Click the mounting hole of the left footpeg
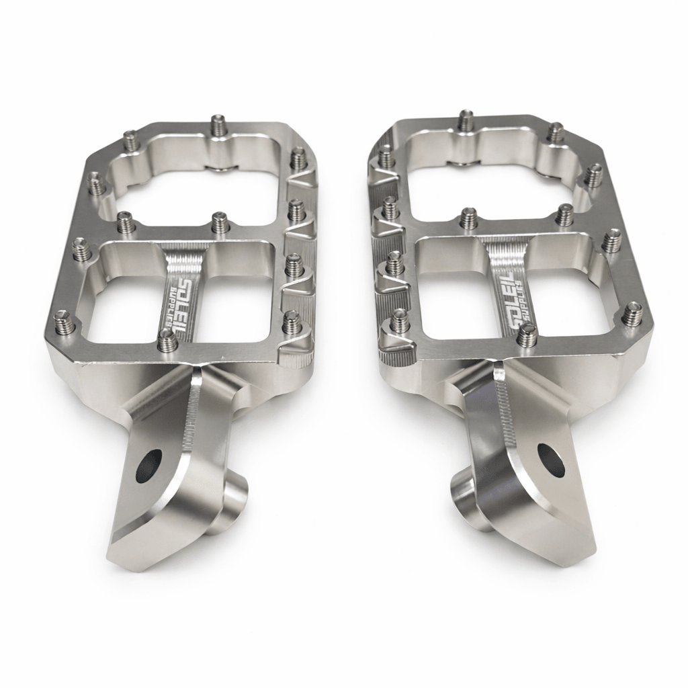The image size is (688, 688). [x=148, y=466]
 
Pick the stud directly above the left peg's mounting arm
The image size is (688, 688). [x=167, y=341]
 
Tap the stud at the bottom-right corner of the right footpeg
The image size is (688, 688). [x=632, y=314]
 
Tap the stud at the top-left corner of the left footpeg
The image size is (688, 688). [x=130, y=141]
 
